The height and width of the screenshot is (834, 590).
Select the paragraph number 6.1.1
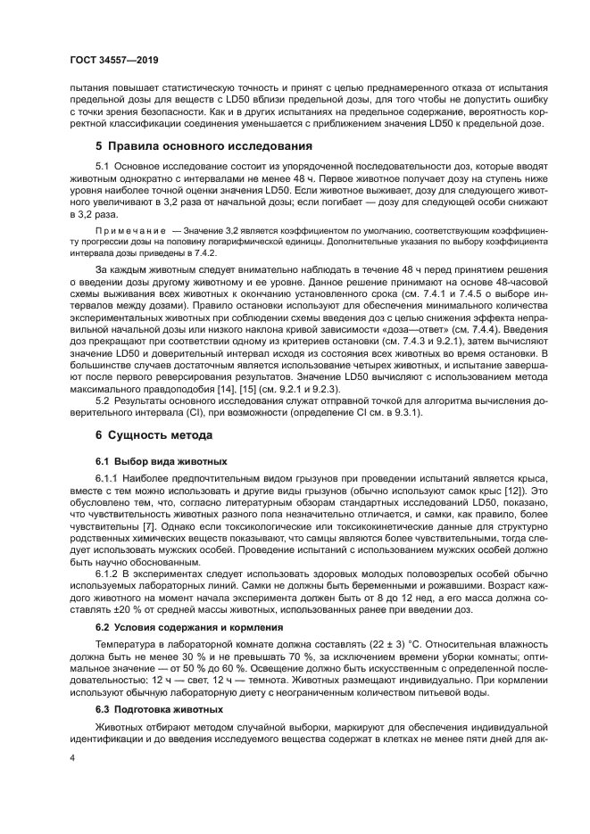coord(106,479)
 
